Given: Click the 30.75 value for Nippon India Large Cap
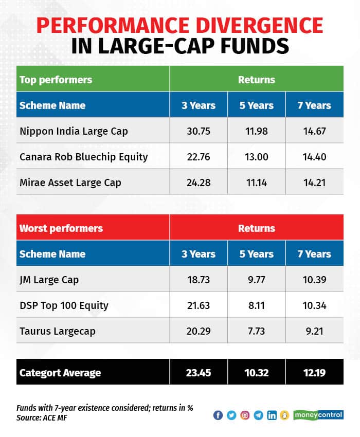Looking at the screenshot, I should (199, 131).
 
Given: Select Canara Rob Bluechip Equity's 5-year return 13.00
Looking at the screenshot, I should (257, 157).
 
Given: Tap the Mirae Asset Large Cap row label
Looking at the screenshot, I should (70, 183).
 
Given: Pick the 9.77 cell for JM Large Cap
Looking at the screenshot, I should (257, 280).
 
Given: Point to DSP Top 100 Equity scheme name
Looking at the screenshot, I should (64, 305).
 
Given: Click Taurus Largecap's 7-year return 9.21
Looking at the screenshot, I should (315, 331).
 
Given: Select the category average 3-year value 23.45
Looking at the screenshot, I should (199, 373).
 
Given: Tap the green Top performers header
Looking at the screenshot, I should (56, 80).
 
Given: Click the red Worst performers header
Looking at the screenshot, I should (61, 228).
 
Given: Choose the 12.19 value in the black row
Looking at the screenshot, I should (315, 373).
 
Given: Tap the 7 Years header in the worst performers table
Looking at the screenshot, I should (315, 254).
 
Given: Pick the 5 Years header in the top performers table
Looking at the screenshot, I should (257, 105).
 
